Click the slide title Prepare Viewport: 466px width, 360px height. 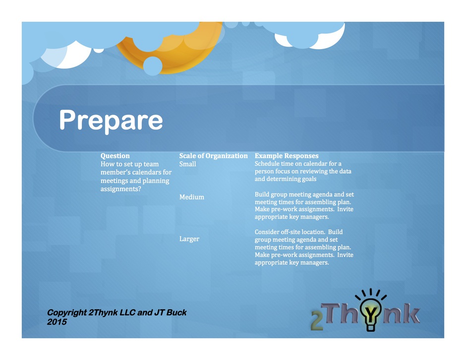111,120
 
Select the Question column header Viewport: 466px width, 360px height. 115,156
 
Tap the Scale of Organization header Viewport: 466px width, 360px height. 213,156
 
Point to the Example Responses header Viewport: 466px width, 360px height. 287,156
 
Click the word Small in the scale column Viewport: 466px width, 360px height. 187,164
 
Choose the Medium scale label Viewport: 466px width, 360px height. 192,197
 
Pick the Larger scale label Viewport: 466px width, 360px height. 189,239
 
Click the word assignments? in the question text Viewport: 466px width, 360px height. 120,189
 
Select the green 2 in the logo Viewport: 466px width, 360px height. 317,320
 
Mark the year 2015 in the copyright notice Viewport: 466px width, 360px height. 57,322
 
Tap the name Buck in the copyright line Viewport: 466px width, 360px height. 176,312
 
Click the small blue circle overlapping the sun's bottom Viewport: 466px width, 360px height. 153,66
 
